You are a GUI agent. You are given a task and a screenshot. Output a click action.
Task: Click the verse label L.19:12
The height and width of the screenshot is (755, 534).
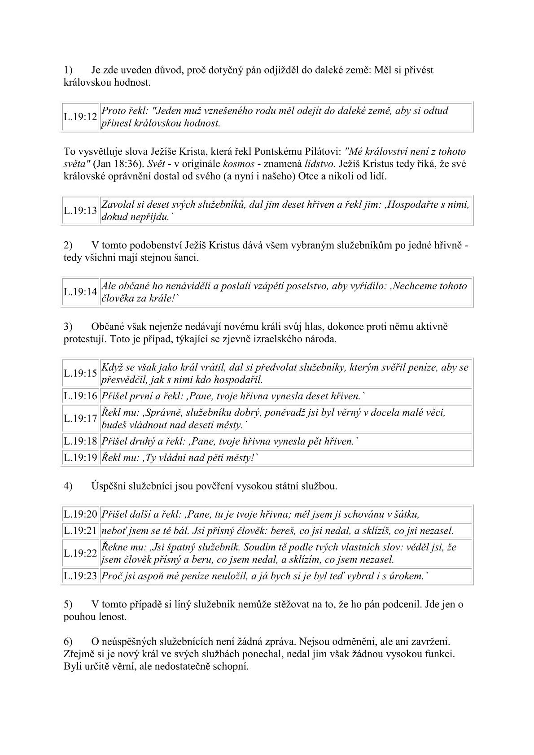coord(80,117)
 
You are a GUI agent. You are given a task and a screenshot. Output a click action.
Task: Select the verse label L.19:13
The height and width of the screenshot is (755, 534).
coord(80,210)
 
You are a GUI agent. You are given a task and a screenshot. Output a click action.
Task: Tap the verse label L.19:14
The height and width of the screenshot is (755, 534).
coord(80,292)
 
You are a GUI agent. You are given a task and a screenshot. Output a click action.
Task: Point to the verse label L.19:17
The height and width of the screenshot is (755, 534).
coord(80,419)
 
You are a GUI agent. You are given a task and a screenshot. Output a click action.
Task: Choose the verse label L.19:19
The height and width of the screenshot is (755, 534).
coord(80,458)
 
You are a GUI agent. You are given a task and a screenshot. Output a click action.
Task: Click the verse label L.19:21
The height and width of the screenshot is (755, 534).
coord(80,531)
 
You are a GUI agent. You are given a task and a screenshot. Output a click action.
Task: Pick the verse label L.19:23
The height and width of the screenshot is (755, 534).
coord(80,576)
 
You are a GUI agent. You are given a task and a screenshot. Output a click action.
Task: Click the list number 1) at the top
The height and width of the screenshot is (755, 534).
coord(68,70)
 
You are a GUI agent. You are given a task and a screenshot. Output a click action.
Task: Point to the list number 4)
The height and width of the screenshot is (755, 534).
coord(68,486)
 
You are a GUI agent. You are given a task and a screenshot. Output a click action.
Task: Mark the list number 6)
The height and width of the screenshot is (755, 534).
coord(68,642)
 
